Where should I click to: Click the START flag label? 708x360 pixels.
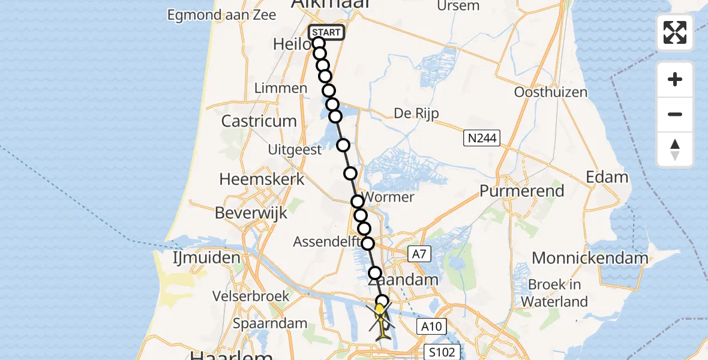326,32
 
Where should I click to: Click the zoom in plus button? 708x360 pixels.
675,79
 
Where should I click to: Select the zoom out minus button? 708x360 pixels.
675,114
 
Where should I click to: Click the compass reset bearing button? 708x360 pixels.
675,149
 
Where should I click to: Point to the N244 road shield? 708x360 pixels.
482,139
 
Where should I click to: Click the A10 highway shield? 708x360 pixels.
431,326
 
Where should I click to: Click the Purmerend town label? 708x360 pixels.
522,191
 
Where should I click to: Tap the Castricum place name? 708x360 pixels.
259,121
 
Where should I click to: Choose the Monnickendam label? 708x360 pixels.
590,259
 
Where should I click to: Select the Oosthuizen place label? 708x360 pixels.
551,92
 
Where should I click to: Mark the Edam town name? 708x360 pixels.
608,177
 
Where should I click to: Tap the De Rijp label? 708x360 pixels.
417,113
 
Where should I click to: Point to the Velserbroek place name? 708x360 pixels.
251,296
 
